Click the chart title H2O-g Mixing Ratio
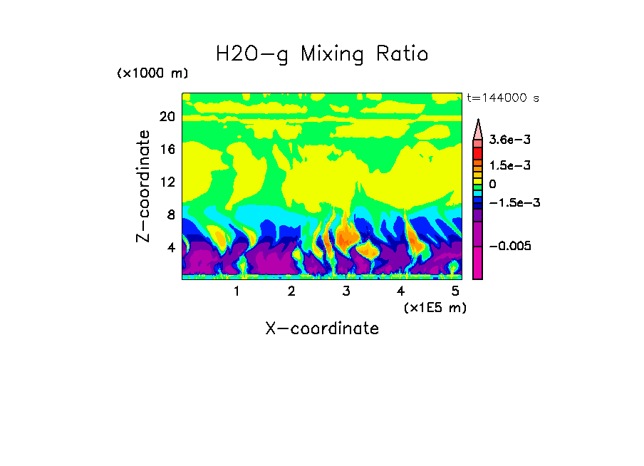pos(322,54)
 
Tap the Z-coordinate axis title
pos(144,186)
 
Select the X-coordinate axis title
pos(322,328)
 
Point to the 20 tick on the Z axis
pos(167,118)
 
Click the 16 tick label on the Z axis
pos(167,150)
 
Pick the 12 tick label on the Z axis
pos(167,182)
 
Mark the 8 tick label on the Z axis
pos(170,215)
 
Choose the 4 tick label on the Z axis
pos(170,248)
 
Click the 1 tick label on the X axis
pos(237,291)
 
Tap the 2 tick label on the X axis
pos(291,291)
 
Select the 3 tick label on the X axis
pos(346,291)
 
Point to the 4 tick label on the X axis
pos(401,291)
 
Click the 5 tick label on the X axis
pos(455,291)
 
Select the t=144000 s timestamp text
pos(502,98)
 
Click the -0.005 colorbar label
pos(510,246)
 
